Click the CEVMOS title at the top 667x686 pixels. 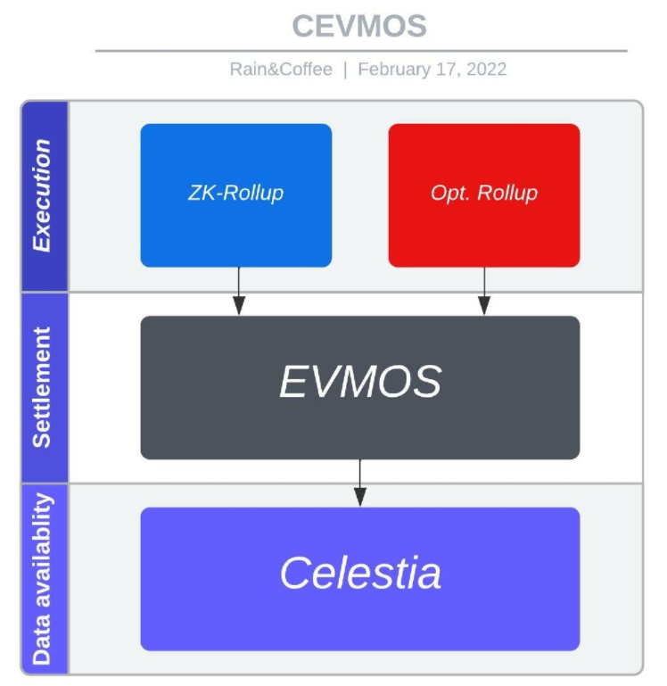(x=359, y=26)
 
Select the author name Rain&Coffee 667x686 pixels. (x=280, y=70)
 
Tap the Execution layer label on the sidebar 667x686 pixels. (x=43, y=195)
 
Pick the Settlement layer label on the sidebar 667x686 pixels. (x=43, y=387)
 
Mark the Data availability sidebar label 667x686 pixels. (x=43, y=578)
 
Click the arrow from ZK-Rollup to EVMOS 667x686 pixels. (x=238, y=291)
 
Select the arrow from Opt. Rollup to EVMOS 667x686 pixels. (x=484, y=291)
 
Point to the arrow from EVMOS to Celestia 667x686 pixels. (x=359, y=483)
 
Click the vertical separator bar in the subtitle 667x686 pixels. (x=345, y=70)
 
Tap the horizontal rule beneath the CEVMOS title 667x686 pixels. (x=359, y=51)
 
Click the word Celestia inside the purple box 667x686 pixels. (x=359, y=573)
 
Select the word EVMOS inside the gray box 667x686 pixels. (x=359, y=382)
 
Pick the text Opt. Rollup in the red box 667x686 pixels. (x=483, y=193)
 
